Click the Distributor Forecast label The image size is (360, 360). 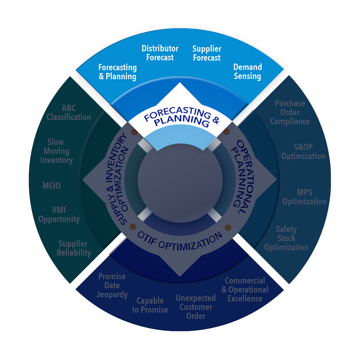160,53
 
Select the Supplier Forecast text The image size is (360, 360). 206,53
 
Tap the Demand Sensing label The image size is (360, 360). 247,71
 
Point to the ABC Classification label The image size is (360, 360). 69,112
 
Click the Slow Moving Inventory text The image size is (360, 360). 56,151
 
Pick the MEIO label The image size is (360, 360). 52,185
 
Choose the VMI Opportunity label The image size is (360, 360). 59,215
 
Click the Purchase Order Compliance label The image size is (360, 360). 290,112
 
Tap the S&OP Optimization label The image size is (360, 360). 303,152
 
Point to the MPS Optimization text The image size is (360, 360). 305,197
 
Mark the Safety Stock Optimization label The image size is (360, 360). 286,238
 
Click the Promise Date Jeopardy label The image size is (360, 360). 112,285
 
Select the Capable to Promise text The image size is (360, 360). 150,305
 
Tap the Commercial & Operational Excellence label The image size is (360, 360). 245,289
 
